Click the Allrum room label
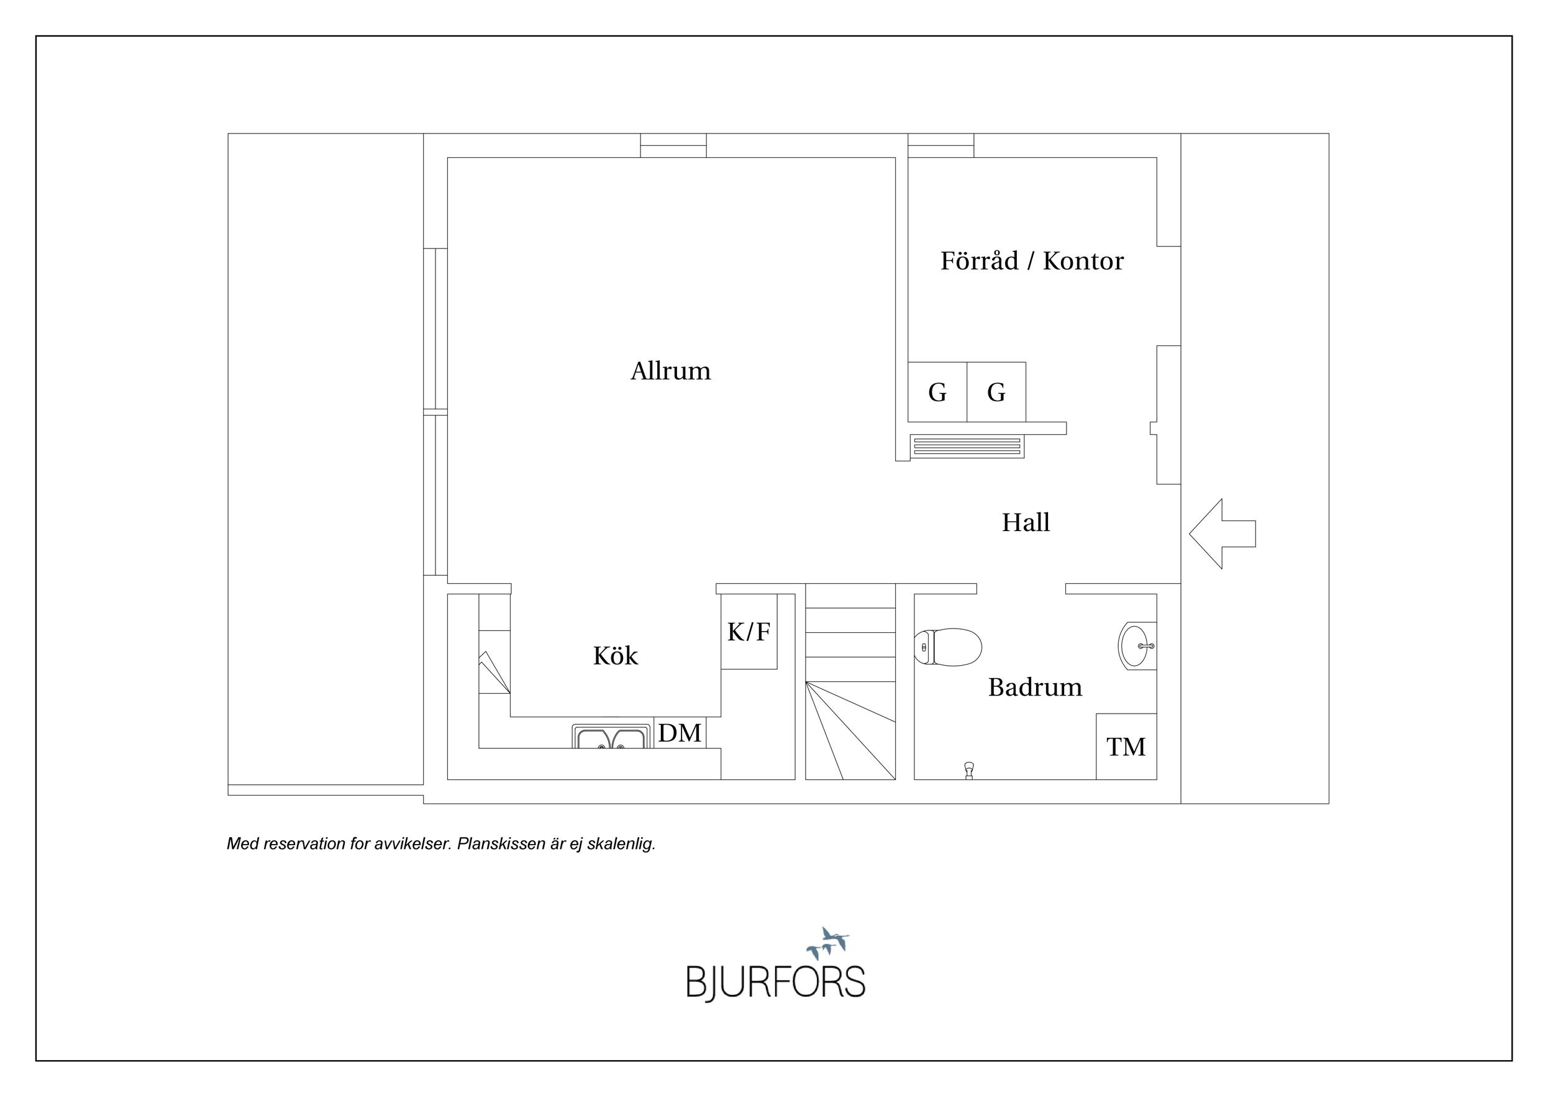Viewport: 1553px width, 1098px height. (670, 371)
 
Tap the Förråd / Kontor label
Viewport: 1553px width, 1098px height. (1031, 261)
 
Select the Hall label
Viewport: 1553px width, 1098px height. (1026, 523)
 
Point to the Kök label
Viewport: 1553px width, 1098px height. (615, 656)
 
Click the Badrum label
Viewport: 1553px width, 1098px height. (1034, 687)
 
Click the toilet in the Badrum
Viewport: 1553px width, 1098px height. (947, 647)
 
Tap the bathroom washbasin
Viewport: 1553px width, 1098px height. (1137, 646)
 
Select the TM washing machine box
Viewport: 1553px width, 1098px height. (1126, 746)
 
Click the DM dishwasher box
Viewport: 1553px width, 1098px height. (679, 733)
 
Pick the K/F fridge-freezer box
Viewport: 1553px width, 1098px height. (748, 632)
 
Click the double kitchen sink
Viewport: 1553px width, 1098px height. (611, 737)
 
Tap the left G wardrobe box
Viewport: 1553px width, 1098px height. (937, 392)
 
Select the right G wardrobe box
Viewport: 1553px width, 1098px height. (996, 392)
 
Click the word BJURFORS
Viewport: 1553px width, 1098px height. (775, 982)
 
